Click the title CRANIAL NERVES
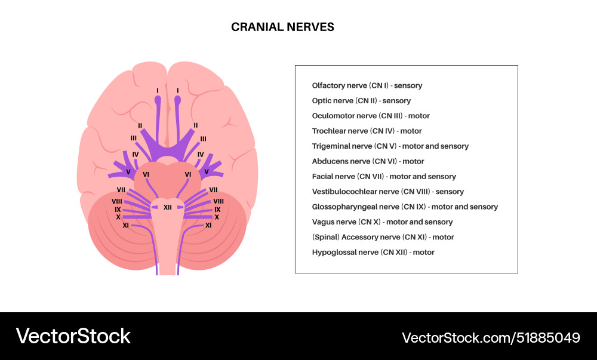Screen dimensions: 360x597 click(x=282, y=27)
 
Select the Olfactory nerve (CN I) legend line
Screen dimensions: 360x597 click(x=367, y=85)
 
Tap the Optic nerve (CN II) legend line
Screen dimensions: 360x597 click(x=361, y=101)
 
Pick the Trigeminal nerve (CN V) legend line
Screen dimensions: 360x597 click(x=390, y=146)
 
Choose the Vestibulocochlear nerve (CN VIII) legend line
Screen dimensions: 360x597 click(x=387, y=192)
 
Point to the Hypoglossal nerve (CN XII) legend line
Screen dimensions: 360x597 click(x=373, y=253)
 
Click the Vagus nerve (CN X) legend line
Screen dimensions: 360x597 click(x=382, y=222)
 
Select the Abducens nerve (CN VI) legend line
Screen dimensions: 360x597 click(x=368, y=161)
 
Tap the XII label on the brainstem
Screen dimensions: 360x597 click(x=168, y=207)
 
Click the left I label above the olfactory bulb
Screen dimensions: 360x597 click(x=158, y=91)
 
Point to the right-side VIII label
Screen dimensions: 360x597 click(x=219, y=202)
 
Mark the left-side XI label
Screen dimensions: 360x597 click(x=126, y=226)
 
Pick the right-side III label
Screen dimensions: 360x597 click(x=203, y=139)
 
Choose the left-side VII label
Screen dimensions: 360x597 click(x=121, y=190)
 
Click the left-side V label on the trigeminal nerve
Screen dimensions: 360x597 click(x=128, y=172)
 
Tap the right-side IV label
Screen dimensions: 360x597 click(x=201, y=155)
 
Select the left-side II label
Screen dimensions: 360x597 click(x=140, y=126)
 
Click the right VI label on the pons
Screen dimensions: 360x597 click(x=188, y=174)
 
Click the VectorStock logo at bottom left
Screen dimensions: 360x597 click(x=73, y=336)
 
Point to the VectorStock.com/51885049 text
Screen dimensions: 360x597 click(x=491, y=337)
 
